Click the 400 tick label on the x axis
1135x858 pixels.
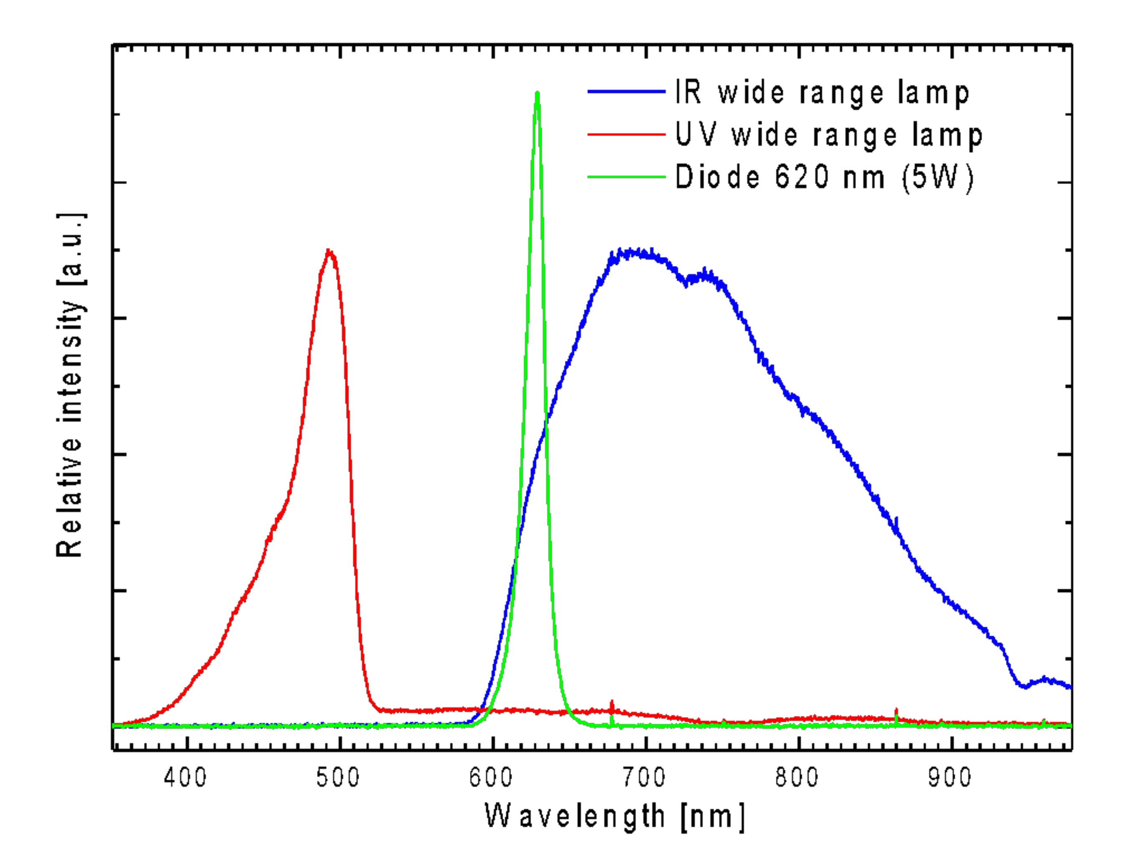click(x=185, y=777)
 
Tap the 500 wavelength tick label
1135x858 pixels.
click(x=338, y=777)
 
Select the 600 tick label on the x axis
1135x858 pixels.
click(x=491, y=777)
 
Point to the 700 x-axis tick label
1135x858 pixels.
click(x=644, y=777)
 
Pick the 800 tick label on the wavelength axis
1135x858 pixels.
click(x=797, y=777)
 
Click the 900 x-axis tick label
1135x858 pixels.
click(x=950, y=777)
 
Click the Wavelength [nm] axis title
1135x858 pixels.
click(x=614, y=816)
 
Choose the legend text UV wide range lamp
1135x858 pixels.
click(x=828, y=135)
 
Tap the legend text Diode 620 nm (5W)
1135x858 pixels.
click(x=824, y=177)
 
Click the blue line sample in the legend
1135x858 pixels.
click(x=626, y=91)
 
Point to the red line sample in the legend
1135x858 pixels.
click(x=626, y=134)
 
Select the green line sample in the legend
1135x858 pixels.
click(x=626, y=177)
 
